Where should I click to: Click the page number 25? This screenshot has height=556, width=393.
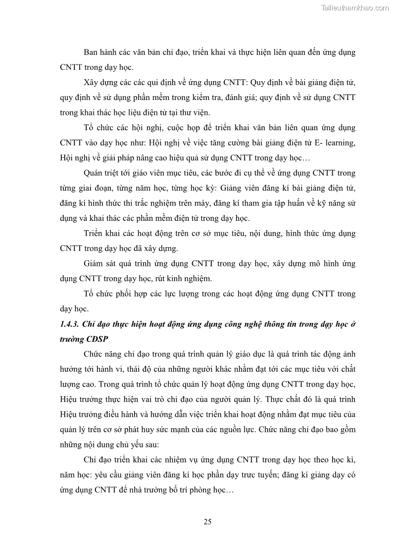pyautogui.click(x=207, y=521)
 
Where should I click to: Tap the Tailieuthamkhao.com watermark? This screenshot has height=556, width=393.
pyautogui.click(x=355, y=7)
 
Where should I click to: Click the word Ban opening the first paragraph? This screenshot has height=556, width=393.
pyautogui.click(x=93, y=52)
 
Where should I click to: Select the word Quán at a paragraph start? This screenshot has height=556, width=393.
pyautogui.click(x=95, y=173)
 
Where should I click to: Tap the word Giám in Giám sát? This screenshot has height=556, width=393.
pyautogui.click(x=95, y=264)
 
